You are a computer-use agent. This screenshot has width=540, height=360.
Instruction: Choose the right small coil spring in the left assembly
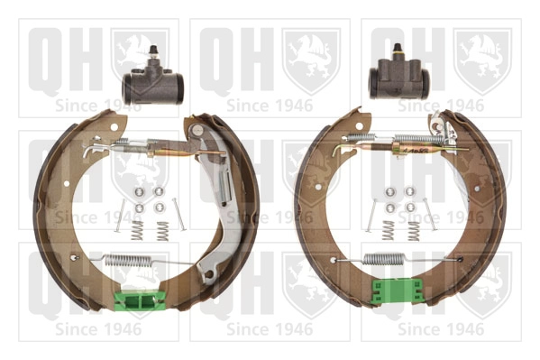[x=162, y=232]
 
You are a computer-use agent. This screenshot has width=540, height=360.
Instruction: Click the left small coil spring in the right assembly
[x=390, y=231]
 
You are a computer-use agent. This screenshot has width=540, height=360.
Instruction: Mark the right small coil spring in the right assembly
[x=413, y=231]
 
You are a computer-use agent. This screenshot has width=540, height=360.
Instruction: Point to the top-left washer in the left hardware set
[x=139, y=191]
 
